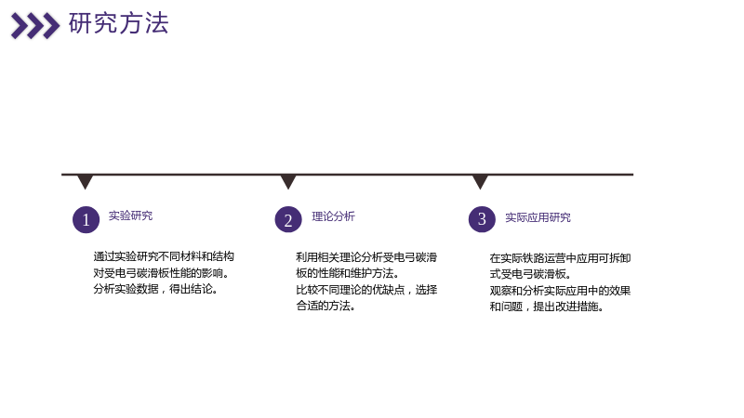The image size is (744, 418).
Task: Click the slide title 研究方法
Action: (119, 23)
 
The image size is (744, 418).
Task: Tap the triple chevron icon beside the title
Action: (35, 26)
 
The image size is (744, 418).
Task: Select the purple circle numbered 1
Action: (86, 219)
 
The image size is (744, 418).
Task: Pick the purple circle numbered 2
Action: (288, 219)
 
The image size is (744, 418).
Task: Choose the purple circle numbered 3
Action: (482, 219)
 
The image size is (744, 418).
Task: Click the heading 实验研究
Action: (130, 216)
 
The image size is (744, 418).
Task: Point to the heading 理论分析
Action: (333, 216)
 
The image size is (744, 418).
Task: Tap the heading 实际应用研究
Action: (538, 217)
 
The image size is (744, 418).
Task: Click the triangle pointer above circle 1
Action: (86, 182)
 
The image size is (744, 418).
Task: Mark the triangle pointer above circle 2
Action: (288, 182)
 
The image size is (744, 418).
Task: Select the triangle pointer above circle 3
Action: (480, 182)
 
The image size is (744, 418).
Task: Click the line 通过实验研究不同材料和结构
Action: (164, 257)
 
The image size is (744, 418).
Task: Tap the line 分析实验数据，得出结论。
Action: (155, 289)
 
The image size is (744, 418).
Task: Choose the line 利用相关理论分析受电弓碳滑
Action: (366, 257)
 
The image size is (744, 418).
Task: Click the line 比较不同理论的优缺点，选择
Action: (366, 290)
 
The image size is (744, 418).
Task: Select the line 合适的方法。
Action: (326, 306)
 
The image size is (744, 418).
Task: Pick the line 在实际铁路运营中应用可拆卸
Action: (560, 258)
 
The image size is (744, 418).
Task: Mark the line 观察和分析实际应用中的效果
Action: (560, 291)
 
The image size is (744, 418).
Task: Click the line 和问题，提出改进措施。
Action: (547, 307)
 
